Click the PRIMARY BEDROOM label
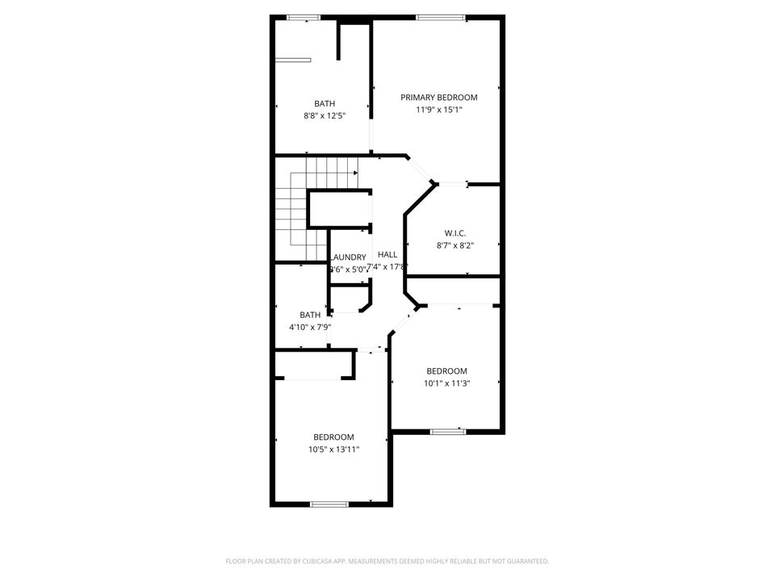pyautogui.click(x=439, y=98)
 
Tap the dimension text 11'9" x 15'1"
pyautogui.click(x=439, y=111)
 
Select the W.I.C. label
pyautogui.click(x=455, y=233)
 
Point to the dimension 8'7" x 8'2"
pyautogui.click(x=455, y=246)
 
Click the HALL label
pyautogui.click(x=387, y=254)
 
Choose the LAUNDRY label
pyautogui.click(x=349, y=257)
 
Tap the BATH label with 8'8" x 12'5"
pyautogui.click(x=325, y=103)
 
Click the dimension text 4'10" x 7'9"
pyautogui.click(x=310, y=328)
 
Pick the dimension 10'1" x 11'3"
pyautogui.click(x=447, y=383)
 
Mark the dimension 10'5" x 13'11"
pyautogui.click(x=333, y=449)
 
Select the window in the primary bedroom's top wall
pyautogui.click(x=440, y=17)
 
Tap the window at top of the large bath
pyautogui.click(x=304, y=17)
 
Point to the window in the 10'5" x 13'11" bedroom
pyautogui.click(x=329, y=504)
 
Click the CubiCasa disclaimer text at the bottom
pyautogui.click(x=387, y=561)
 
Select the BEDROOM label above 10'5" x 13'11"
pyautogui.click(x=333, y=437)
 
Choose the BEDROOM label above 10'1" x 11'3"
pyautogui.click(x=447, y=371)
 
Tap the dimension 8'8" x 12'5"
pyautogui.click(x=325, y=116)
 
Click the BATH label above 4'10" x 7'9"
pyautogui.click(x=310, y=315)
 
